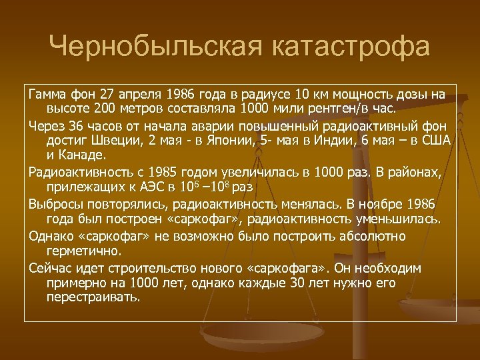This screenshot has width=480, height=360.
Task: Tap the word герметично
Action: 83,252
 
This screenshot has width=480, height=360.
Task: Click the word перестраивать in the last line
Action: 93,297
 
